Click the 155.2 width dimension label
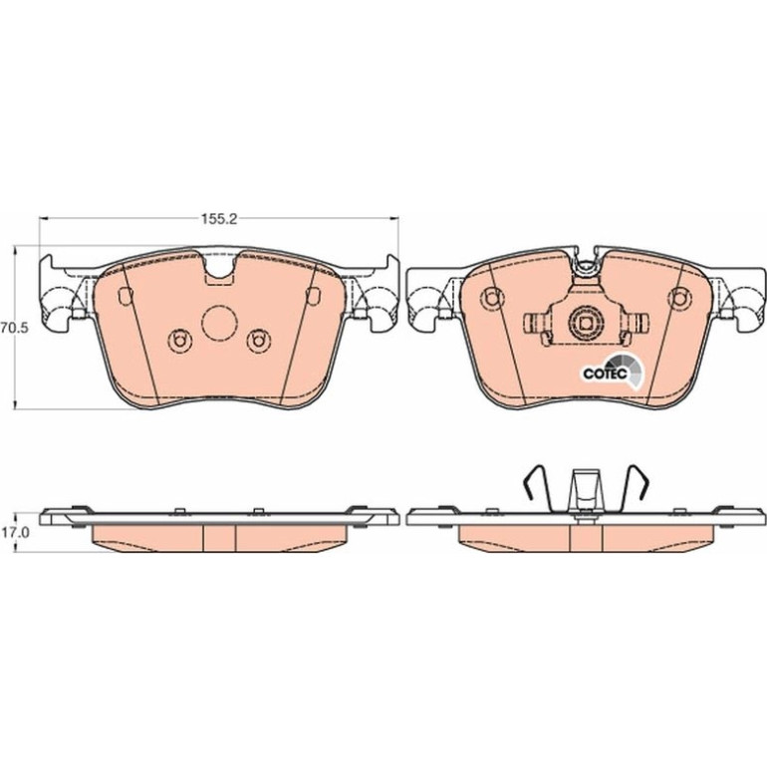tap(219, 219)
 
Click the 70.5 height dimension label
tap(15, 328)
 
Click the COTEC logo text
tap(605, 374)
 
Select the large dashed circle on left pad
tap(219, 323)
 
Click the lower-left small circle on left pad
tap(179, 341)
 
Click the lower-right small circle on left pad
tap(258, 341)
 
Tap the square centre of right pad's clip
tap(586, 323)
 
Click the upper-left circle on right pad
tap(492, 298)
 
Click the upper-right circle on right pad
tap(679, 298)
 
